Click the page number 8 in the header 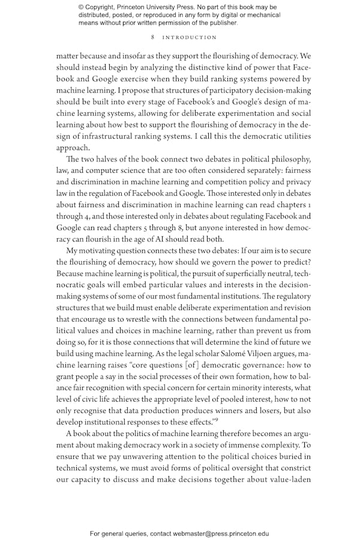[x=154, y=37]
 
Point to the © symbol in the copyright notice [x=82, y=7]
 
